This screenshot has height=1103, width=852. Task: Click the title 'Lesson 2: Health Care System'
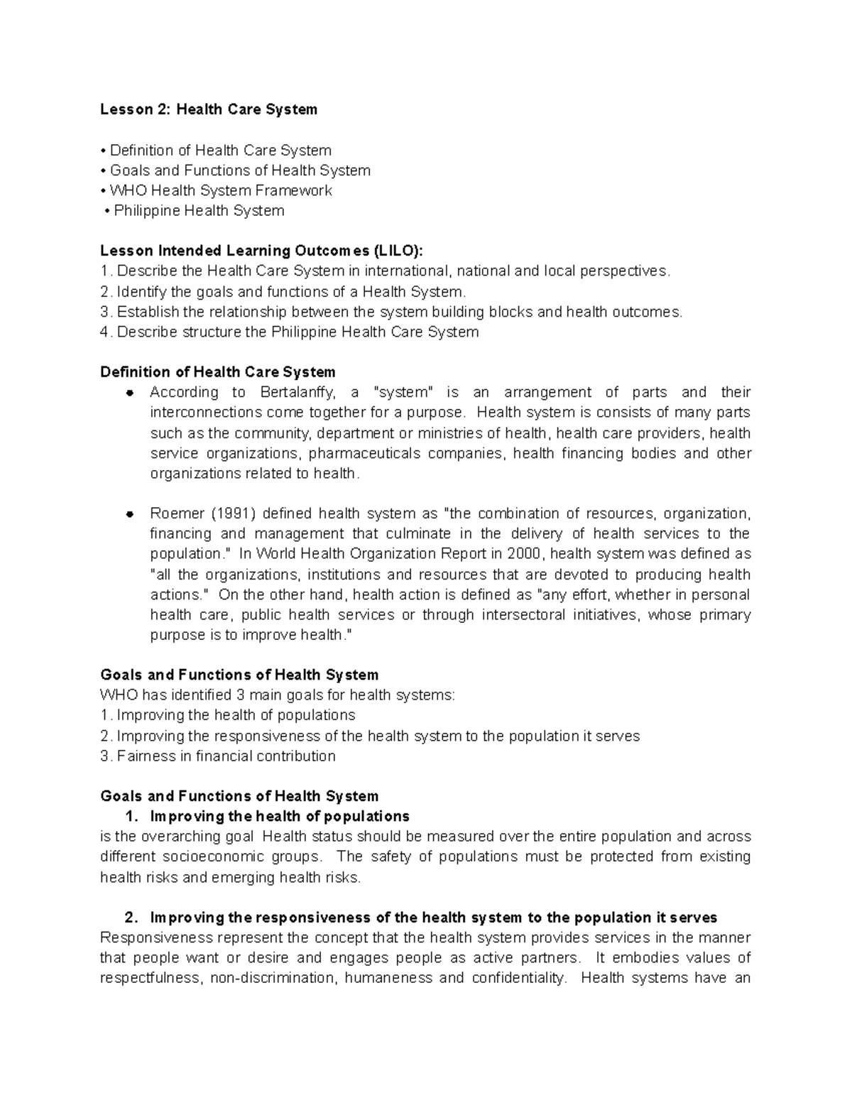[209, 109]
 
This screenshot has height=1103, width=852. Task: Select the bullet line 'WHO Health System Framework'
[220, 190]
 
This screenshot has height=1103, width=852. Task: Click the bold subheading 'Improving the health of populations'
[280, 816]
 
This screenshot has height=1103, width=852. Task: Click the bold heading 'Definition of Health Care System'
[218, 372]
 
